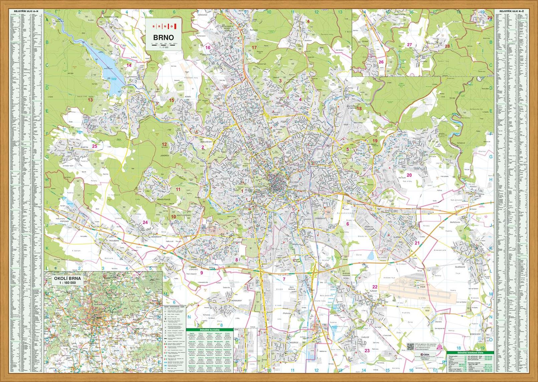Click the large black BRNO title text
163,37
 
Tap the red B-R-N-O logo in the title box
163,26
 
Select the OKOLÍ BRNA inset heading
68,278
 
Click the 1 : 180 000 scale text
68,283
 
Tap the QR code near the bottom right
411,347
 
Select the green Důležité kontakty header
210,330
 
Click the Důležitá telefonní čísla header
471,353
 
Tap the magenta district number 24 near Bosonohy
145,222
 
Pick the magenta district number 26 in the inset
381,62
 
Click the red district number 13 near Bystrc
90,100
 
